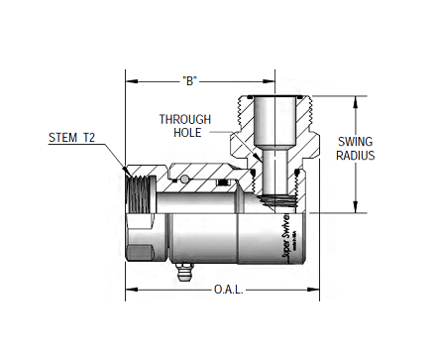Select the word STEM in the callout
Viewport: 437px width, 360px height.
click(63, 138)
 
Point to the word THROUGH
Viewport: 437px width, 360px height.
click(185, 119)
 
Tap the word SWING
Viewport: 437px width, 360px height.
click(355, 141)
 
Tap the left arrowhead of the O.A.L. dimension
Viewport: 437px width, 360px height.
click(129, 292)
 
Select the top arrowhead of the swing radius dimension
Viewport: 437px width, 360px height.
click(355, 100)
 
